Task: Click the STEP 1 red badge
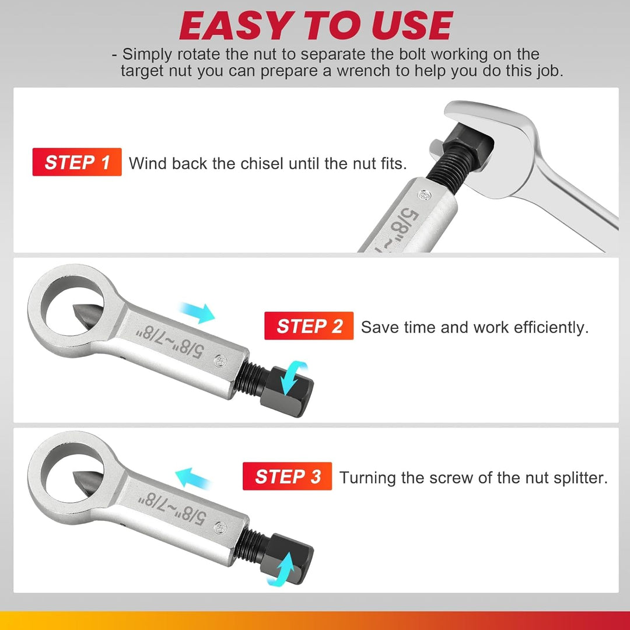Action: (x=77, y=162)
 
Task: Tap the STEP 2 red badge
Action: (x=309, y=326)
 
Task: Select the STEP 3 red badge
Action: (x=288, y=477)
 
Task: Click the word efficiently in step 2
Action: (x=551, y=327)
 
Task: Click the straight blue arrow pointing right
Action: (x=198, y=313)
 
